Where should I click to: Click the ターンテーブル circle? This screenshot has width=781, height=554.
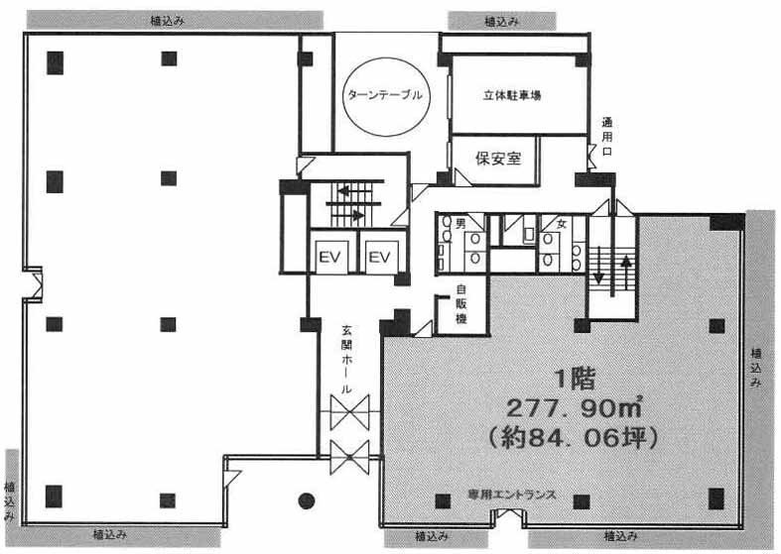pyautogui.click(x=385, y=96)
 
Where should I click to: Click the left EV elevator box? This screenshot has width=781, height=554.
pyautogui.click(x=329, y=258)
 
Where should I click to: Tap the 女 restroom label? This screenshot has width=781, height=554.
pyautogui.click(x=561, y=224)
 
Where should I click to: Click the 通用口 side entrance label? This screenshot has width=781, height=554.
pyautogui.click(x=607, y=140)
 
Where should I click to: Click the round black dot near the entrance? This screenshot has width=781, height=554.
pyautogui.click(x=307, y=499)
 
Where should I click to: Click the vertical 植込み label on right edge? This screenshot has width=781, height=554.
pyautogui.click(x=756, y=367)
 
